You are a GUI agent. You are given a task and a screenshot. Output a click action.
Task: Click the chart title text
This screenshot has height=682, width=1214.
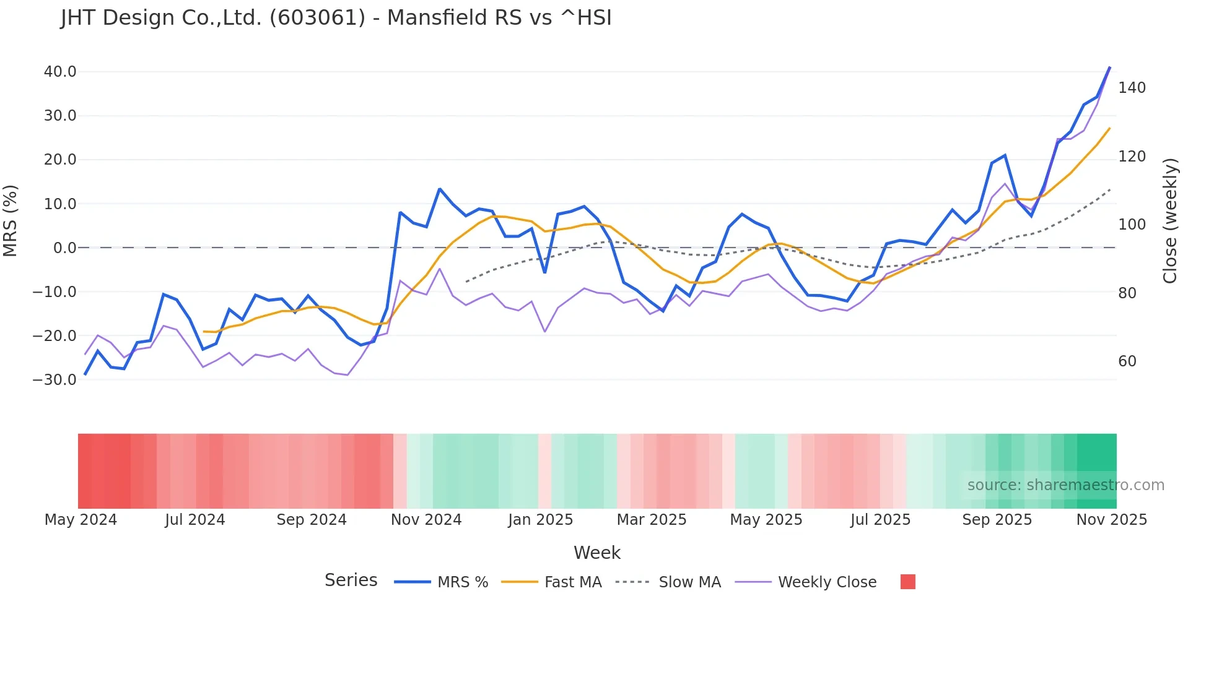pos(336,18)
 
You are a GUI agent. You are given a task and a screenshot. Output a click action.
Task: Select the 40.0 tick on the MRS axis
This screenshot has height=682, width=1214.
pos(60,72)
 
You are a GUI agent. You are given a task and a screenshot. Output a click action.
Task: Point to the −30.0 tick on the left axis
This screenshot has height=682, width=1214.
pos(55,380)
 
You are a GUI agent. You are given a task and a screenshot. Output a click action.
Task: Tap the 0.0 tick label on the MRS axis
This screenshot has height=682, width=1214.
pos(64,248)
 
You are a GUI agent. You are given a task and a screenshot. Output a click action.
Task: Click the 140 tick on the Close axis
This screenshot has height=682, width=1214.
pos(1132,88)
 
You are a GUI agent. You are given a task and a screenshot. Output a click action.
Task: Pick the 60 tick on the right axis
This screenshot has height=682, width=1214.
pos(1127,361)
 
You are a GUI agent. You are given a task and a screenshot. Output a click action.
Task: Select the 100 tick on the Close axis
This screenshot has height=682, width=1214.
pos(1132,225)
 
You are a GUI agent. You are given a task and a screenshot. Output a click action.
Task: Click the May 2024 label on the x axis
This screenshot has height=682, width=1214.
pos(81,520)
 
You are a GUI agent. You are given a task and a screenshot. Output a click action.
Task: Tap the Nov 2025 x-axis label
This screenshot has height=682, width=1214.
pos(1111,520)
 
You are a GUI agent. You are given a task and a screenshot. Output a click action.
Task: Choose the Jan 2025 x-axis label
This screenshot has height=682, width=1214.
pos(541,520)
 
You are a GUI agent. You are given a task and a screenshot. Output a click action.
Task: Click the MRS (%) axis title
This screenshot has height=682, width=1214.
pos(11,220)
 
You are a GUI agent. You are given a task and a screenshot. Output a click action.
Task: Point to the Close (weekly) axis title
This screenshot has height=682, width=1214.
pos(1170,221)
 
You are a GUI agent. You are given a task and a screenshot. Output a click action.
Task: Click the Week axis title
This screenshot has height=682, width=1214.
pos(597,553)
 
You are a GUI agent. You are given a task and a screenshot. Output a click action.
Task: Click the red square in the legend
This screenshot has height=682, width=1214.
pos(907,582)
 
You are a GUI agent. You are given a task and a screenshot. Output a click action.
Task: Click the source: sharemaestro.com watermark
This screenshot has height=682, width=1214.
pos(1065,485)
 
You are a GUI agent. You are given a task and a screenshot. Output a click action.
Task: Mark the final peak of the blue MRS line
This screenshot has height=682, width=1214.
pos(1110,67)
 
